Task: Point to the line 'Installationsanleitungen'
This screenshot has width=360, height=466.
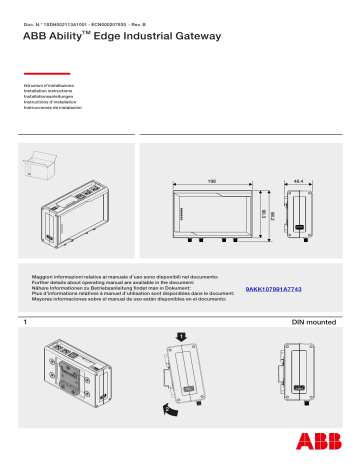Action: (x=50, y=97)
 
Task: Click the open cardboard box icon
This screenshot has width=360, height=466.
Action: (x=43, y=162)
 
